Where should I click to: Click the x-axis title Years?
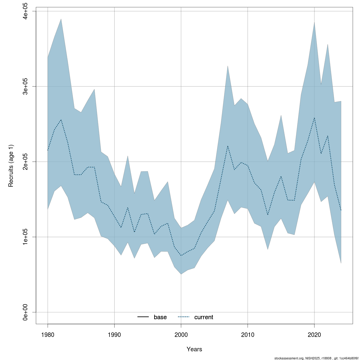coord(194,349)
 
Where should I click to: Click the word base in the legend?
coord(160,317)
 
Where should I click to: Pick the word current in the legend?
coord(204,317)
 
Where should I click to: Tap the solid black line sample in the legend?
coord(143,317)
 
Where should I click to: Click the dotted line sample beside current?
coord(184,317)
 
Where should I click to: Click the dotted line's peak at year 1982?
coord(61,120)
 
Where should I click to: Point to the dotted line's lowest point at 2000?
coord(181,255)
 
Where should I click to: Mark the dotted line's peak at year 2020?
coord(314,118)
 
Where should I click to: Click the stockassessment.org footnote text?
coord(316,358)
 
